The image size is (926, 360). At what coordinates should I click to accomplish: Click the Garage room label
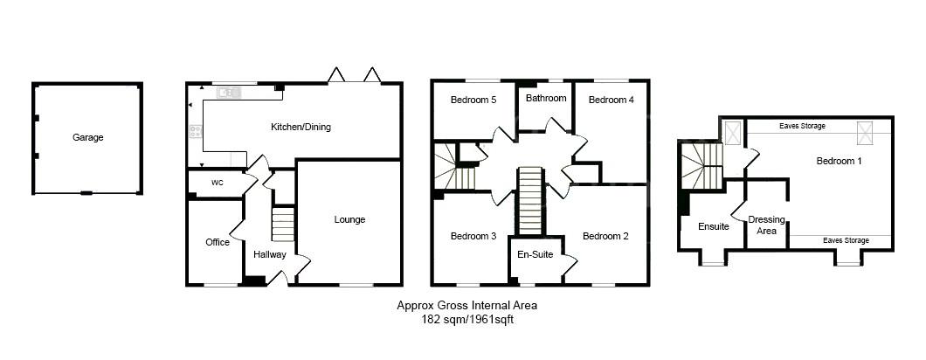click(87, 137)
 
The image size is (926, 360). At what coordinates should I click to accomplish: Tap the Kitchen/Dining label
click(301, 128)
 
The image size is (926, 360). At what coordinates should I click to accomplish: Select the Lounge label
click(349, 219)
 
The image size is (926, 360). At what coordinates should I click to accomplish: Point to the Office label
click(217, 242)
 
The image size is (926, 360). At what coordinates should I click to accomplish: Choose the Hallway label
click(269, 254)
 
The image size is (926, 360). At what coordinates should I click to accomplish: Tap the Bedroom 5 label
click(473, 100)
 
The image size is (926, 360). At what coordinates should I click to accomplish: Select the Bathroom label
click(545, 98)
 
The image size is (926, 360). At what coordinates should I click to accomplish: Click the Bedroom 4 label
click(611, 100)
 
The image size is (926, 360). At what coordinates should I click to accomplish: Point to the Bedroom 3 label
click(473, 236)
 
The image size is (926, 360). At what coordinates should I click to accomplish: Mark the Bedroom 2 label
click(605, 236)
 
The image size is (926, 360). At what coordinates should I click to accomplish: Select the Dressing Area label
click(767, 225)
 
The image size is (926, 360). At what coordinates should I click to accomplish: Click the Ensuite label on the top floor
click(713, 226)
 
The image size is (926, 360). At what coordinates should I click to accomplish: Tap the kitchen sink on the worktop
click(230, 91)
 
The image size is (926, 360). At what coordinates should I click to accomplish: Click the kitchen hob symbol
click(195, 132)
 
